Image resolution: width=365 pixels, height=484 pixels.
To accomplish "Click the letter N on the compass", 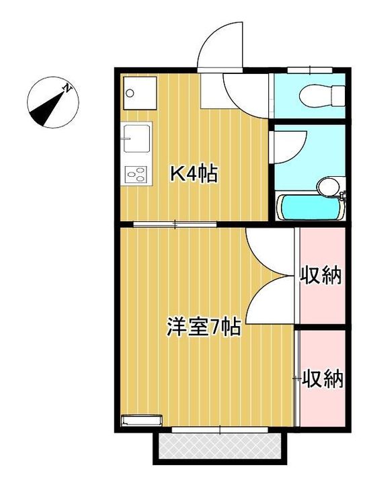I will coord(67,88).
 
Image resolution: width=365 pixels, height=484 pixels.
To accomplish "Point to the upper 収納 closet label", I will coord(321,275).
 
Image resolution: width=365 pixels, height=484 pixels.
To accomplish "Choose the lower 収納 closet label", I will coord(322,378).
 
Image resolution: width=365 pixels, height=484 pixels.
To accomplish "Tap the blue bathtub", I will coord(310,208).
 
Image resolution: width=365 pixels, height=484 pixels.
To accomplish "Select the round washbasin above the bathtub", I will coord(328,186).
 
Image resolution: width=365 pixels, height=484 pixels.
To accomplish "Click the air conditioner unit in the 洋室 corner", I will coord(141,421).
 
